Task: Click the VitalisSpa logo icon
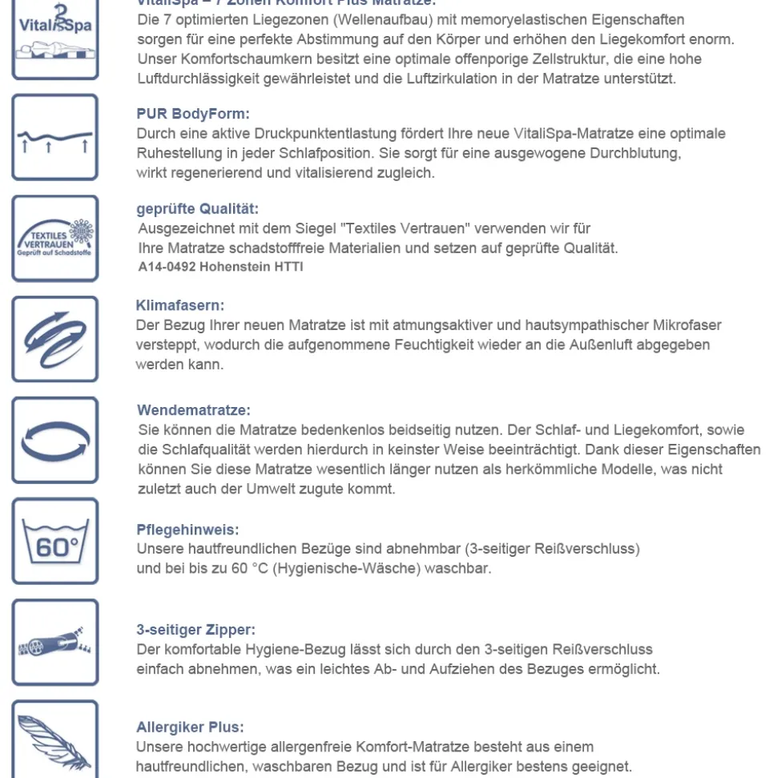[54, 40]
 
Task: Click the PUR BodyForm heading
[193, 114]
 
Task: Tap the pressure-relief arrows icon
[54, 138]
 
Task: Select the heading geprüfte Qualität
[198, 209]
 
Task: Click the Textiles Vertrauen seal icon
[54, 239]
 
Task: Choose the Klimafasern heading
[180, 305]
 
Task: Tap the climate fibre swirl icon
[54, 339]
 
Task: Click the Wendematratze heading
[194, 410]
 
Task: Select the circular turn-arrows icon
[54, 440]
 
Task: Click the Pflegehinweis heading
[188, 530]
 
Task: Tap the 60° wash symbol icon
[54, 542]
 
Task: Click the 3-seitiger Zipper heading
[196, 630]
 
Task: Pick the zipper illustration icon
[54, 643]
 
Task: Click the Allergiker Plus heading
[191, 728]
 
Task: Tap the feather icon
[54, 741]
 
